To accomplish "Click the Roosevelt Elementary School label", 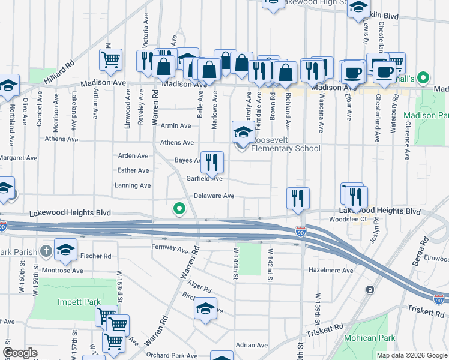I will (x=285, y=148).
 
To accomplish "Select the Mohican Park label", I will (x=369, y=338).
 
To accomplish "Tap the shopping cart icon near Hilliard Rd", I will (x=110, y=59).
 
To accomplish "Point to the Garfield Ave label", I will (x=204, y=179).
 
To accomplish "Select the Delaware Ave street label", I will (x=214, y=196).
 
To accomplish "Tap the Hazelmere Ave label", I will (x=331, y=271).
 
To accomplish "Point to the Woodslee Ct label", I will (x=348, y=220).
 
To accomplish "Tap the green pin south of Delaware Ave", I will (x=178, y=209).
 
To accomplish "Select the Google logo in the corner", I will (x=20, y=353).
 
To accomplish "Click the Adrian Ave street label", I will (x=252, y=345).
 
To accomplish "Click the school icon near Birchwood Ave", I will (x=205, y=308).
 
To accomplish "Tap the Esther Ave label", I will (x=133, y=170).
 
